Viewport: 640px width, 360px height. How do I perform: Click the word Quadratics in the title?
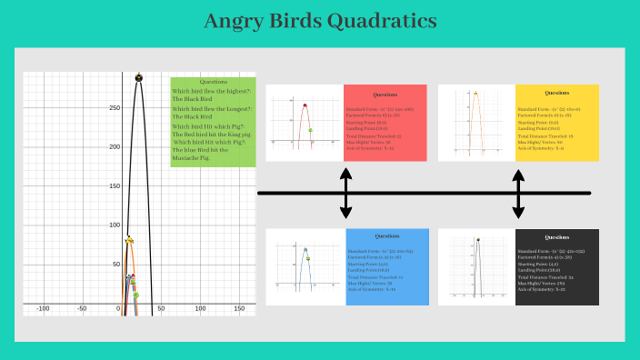pos(376,21)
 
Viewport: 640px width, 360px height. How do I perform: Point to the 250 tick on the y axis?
pos(114,108)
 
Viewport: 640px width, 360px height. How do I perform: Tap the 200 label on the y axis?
pos(114,147)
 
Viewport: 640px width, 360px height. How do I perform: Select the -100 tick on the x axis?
pos(43,310)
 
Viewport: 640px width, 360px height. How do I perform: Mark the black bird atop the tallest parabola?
pos(139,77)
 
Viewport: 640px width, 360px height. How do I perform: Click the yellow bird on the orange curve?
pos(129,240)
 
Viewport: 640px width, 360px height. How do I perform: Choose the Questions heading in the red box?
pos(385,95)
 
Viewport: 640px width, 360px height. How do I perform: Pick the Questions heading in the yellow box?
pos(556,93)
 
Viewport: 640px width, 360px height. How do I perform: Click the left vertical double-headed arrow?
pos(345,193)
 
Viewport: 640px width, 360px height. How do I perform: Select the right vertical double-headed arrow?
pos(518,193)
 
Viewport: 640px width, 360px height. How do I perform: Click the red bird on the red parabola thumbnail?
pos(305,106)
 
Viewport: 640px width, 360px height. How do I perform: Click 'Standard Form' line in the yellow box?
pos(551,109)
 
